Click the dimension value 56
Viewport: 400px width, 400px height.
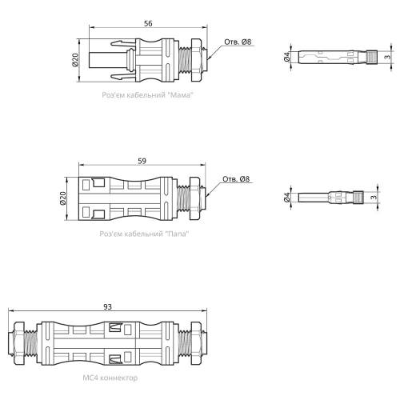click(148, 23)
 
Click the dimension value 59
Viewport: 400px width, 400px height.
click(142, 161)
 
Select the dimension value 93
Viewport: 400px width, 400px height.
click(107, 307)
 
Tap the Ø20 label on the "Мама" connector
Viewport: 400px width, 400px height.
click(75, 60)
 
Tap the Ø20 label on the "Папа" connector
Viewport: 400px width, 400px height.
click(63, 198)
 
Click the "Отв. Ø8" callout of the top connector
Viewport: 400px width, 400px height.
click(238, 42)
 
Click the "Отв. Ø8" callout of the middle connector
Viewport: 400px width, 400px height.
click(236, 179)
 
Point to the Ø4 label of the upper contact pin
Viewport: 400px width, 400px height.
click(287, 57)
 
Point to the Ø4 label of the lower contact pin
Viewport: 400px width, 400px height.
click(287, 198)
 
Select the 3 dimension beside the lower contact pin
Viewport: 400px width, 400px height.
click(374, 197)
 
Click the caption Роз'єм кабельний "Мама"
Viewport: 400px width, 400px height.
click(147, 95)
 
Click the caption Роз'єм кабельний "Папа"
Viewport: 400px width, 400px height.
click(144, 234)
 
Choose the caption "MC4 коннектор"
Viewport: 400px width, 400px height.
click(110, 378)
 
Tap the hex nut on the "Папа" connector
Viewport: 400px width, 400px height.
click(194, 198)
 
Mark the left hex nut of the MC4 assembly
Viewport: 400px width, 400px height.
click(19, 343)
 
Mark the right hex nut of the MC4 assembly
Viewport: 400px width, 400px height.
click(196, 343)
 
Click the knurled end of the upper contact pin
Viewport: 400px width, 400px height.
click(371, 57)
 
